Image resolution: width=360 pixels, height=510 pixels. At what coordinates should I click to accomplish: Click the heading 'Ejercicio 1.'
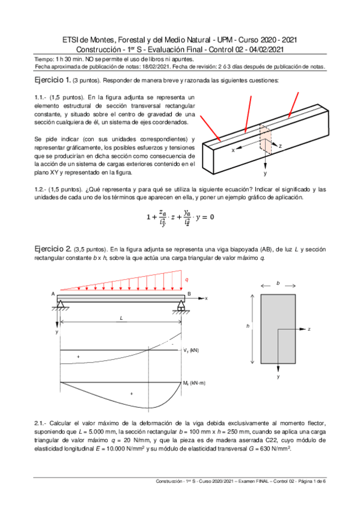pos(52,80)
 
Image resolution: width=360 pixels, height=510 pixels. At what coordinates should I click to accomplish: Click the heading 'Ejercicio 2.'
pos(53,249)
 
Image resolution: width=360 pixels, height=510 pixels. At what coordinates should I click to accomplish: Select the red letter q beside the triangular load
pos(186,280)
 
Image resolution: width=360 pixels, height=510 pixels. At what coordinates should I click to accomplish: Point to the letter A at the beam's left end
pos(53,293)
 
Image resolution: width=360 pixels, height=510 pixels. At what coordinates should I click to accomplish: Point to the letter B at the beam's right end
pos(189,293)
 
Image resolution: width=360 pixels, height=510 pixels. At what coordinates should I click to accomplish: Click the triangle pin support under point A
pos(61,304)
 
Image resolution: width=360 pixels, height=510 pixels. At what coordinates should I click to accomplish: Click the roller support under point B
pos(181,306)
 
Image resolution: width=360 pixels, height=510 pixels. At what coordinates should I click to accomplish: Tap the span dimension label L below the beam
pos(121,318)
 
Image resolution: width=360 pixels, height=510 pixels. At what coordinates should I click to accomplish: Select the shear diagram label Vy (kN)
pos(191,350)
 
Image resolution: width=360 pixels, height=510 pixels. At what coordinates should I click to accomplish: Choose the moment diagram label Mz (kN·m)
pos(194,383)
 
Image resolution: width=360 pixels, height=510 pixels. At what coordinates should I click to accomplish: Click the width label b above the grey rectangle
pos(278,283)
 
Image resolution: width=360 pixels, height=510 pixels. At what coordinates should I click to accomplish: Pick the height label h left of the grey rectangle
pos(248,325)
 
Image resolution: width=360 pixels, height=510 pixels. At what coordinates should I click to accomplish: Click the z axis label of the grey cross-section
pos(309,329)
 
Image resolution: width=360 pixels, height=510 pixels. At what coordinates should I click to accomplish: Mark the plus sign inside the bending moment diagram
pos(132,393)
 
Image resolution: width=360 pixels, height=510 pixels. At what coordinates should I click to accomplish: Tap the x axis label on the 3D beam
pos(233,150)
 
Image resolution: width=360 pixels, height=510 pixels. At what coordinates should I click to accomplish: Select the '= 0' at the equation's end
pos(208,217)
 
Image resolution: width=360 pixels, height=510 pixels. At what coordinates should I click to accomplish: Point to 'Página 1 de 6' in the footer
pos(311,481)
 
